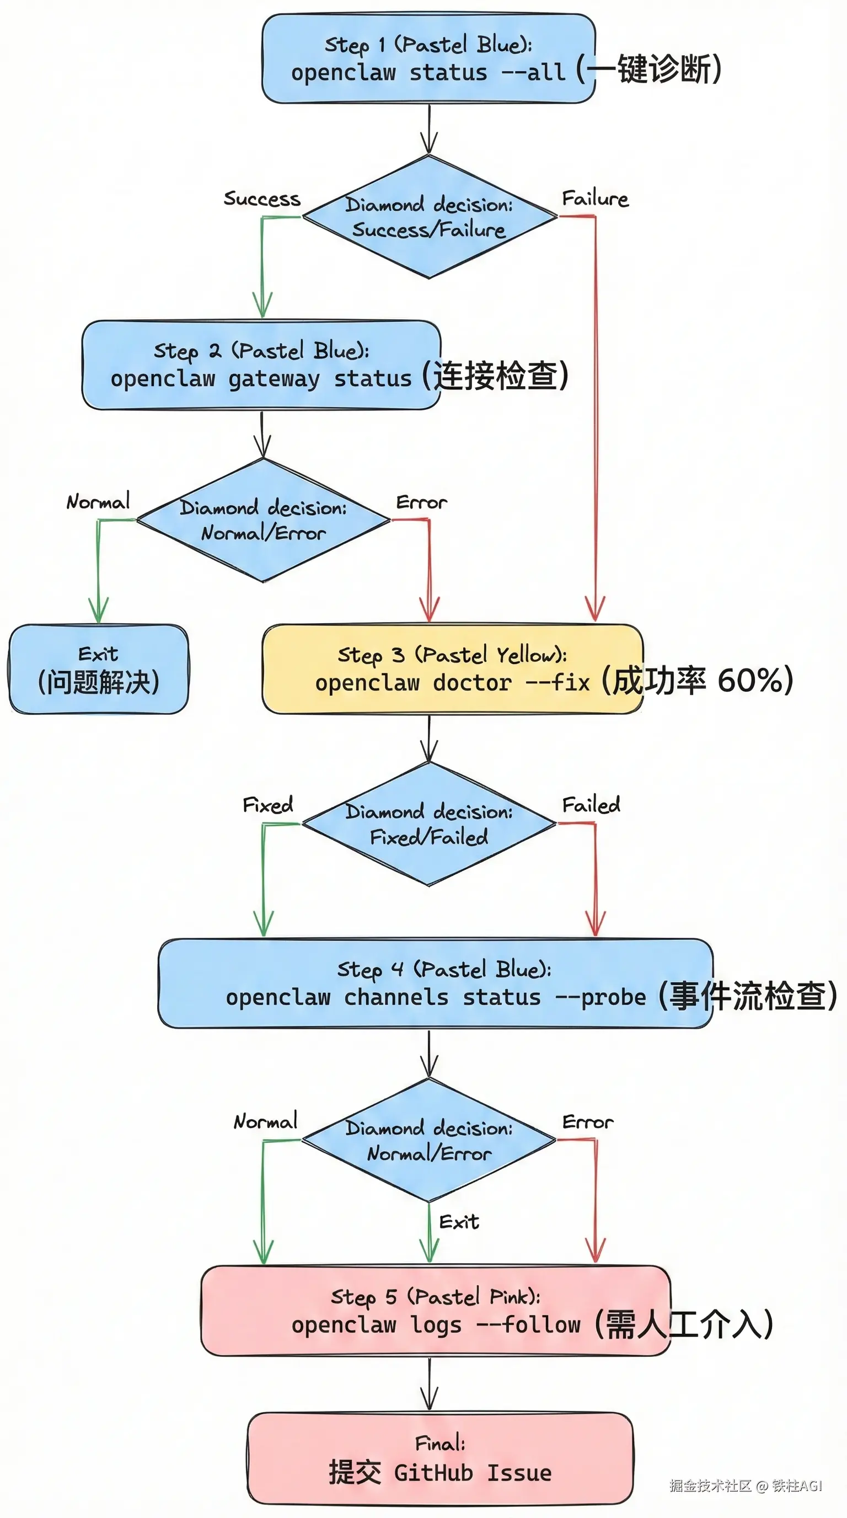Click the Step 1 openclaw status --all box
(428, 59)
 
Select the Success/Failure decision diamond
(430, 217)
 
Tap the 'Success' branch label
(261, 199)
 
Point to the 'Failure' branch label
(595, 199)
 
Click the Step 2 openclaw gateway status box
(261, 365)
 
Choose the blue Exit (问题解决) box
(98, 669)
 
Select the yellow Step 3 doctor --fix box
(452, 669)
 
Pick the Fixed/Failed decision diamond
(429, 824)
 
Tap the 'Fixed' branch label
(267, 805)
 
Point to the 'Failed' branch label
(591, 805)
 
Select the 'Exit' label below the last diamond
(459, 1222)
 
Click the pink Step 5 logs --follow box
(435, 1311)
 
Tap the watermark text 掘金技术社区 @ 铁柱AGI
(745, 1485)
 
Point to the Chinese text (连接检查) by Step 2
(495, 376)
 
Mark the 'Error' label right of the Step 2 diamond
(421, 503)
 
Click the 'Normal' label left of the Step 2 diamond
(98, 502)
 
